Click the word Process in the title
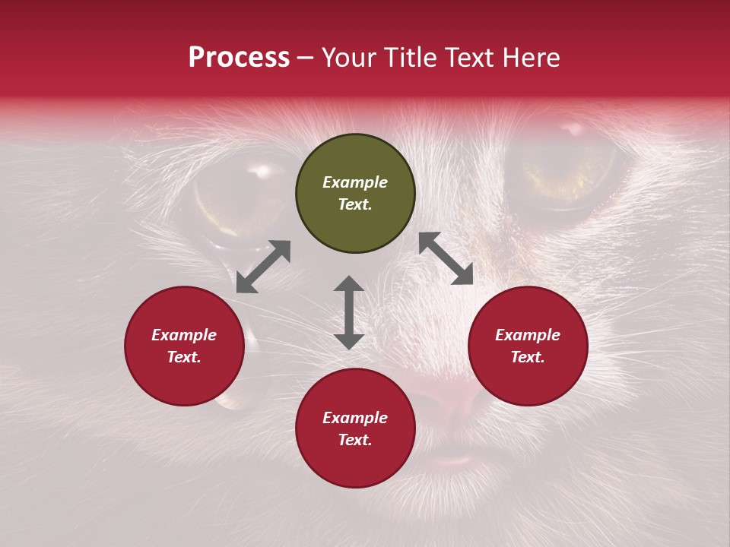pyautogui.click(x=239, y=58)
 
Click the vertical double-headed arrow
pyautogui.click(x=349, y=312)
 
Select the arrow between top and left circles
pyautogui.click(x=263, y=267)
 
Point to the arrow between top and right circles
pyautogui.click(x=446, y=258)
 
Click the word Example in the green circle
pyautogui.click(x=355, y=182)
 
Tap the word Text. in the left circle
pyautogui.click(x=184, y=357)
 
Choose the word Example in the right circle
pyautogui.click(x=528, y=335)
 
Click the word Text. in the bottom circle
pyautogui.click(x=355, y=440)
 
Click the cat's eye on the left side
pyautogui.click(x=236, y=194)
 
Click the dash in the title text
pyautogui.click(x=306, y=58)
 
